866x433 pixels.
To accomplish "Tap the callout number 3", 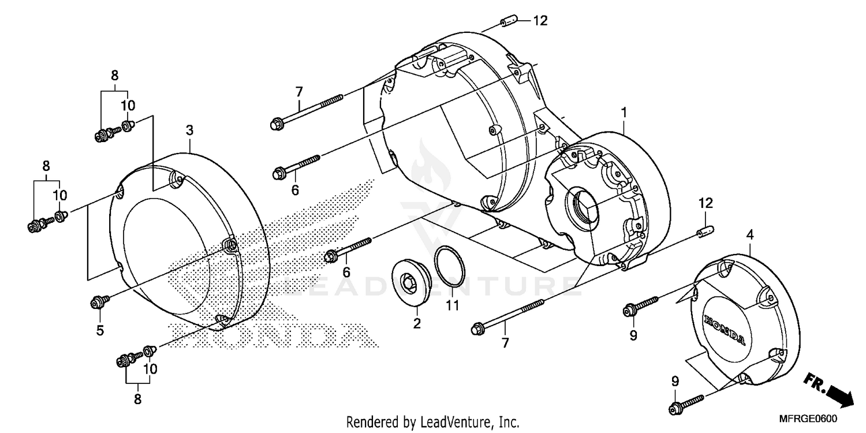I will [189, 130].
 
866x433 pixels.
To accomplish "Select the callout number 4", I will [749, 234].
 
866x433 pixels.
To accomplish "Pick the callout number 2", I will [416, 324].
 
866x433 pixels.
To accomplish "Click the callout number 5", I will [100, 330].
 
